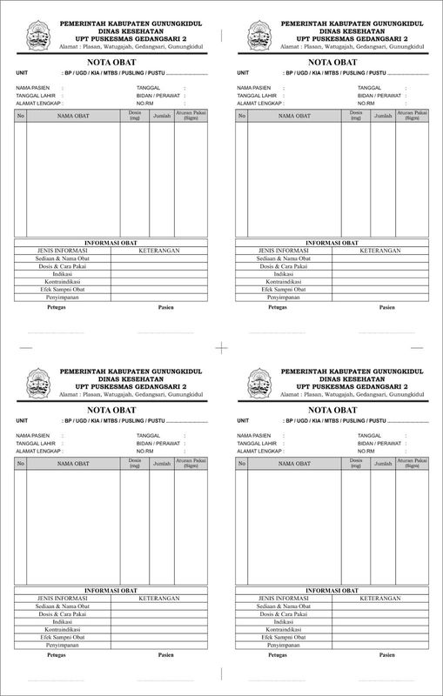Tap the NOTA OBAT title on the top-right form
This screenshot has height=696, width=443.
[x=332, y=63]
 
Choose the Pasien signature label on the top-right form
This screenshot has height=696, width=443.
[x=387, y=307]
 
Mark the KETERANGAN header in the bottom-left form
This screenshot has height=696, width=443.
[x=158, y=599]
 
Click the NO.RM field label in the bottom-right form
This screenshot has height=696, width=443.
[x=368, y=452]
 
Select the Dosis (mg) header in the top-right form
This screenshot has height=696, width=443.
[x=355, y=114]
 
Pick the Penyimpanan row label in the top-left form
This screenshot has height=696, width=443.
[x=63, y=298]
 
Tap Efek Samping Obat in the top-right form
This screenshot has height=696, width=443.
[x=285, y=290]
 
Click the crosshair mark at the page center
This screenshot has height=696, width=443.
[x=221, y=348]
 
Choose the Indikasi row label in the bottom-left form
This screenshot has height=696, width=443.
[x=63, y=622]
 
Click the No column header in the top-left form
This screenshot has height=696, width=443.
[x=22, y=116]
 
